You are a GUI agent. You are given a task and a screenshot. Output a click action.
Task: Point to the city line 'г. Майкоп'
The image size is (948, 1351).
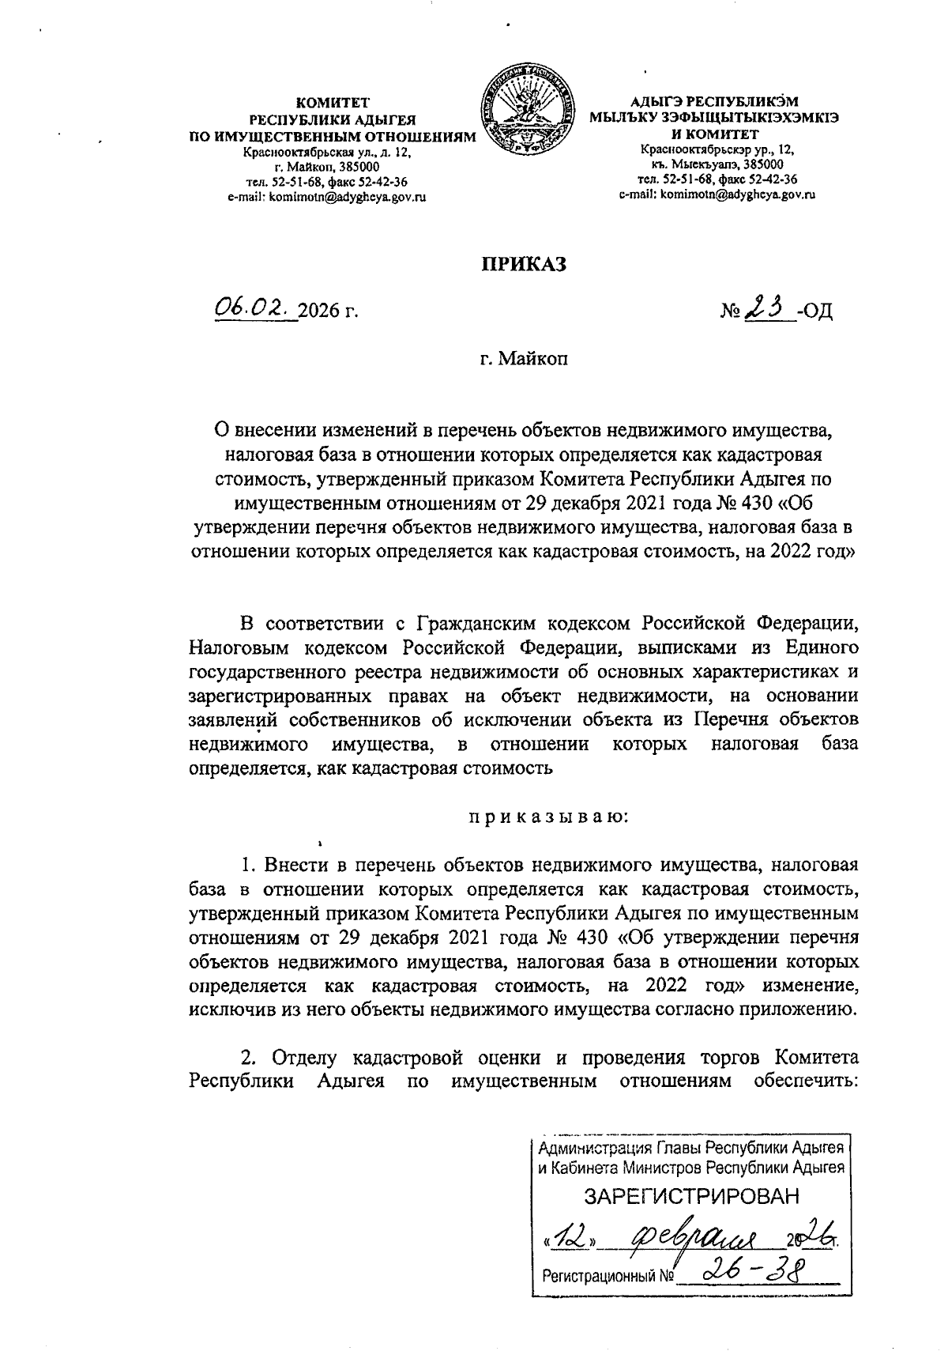[525, 359]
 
